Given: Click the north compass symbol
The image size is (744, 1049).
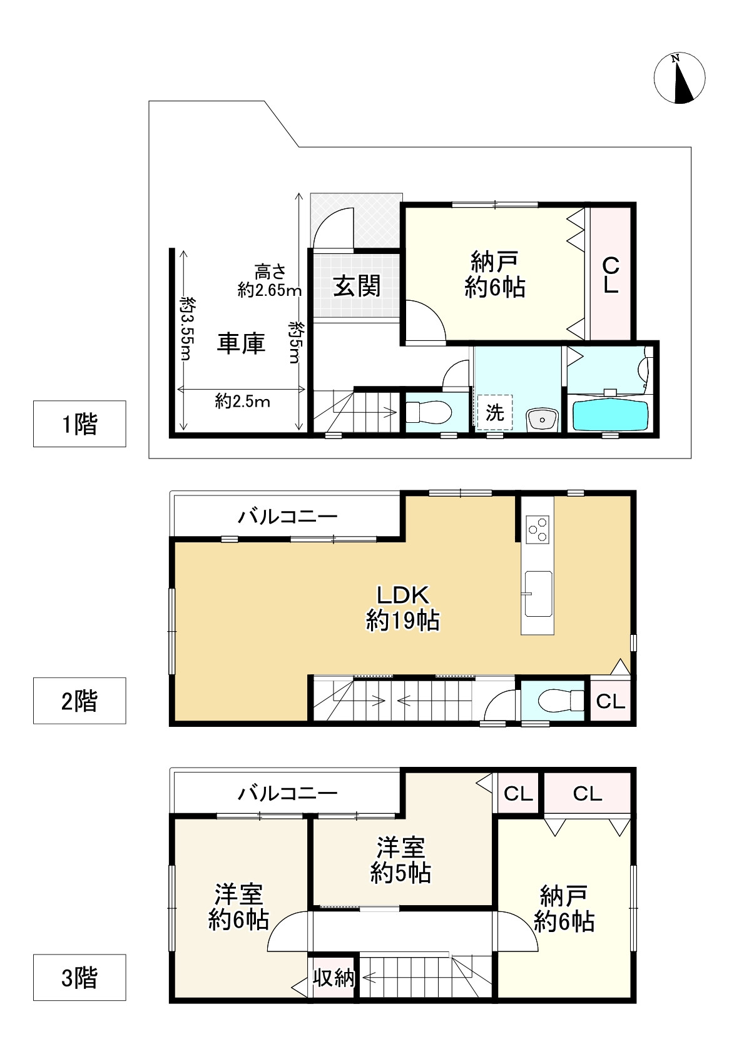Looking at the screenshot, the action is [679, 78].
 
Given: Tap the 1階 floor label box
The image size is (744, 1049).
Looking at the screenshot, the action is [79, 423].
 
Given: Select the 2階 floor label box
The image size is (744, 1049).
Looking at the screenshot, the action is [79, 701].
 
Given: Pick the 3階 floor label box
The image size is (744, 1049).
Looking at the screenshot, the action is [79, 977].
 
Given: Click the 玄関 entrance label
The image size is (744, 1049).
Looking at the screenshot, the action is [357, 286].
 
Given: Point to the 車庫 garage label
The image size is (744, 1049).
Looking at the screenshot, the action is [241, 343].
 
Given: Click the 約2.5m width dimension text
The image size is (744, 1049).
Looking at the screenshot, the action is [243, 402].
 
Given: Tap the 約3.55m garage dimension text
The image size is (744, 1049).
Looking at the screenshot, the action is [188, 328].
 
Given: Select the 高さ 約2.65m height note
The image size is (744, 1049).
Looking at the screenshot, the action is [270, 280].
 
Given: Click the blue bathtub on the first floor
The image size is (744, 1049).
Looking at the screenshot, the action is [611, 415].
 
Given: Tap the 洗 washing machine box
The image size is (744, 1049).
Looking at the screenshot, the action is [495, 412].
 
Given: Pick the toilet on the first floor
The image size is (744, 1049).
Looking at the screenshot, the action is [429, 412].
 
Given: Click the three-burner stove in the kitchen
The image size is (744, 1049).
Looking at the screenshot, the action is [538, 529].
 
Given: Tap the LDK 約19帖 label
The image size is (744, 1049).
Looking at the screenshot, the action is [403, 608].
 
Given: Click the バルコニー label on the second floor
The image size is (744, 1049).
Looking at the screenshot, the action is [288, 517].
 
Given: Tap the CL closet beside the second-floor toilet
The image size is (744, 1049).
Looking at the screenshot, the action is [611, 701].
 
